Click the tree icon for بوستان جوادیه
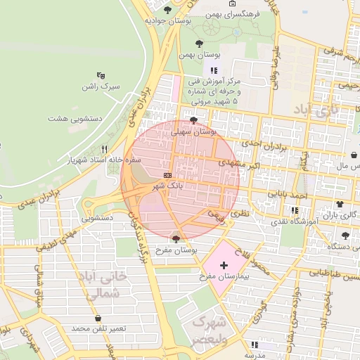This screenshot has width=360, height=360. click(167, 10)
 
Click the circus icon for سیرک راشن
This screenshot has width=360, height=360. click(101, 75)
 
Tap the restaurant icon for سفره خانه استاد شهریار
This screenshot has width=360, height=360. click(104, 149)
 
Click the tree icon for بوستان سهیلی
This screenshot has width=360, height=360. click(194, 120)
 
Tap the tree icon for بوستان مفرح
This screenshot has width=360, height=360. click(176, 239)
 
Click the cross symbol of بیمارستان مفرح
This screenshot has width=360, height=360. click(224, 266)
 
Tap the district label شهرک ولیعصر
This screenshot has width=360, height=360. click(210, 330)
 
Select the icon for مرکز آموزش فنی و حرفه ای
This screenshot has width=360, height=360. click(214, 70)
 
